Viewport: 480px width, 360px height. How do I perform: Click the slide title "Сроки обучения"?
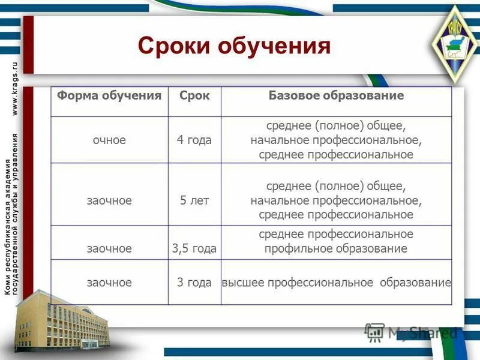[x=234, y=46]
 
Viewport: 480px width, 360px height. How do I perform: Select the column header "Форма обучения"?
[x=109, y=96]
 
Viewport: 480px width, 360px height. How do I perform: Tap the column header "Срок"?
[x=194, y=96]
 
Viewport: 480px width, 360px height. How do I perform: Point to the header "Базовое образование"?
[x=336, y=96]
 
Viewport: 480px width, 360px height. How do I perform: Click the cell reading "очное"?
[x=109, y=140]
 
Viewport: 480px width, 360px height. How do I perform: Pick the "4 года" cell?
[x=194, y=140]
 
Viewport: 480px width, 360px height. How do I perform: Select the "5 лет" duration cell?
[x=194, y=200]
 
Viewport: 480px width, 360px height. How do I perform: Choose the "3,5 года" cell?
[x=194, y=248]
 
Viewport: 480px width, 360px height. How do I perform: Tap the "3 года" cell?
[x=194, y=282]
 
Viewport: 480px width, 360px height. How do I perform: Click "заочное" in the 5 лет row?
[x=109, y=200]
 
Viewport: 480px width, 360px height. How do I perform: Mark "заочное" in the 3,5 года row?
[x=109, y=248]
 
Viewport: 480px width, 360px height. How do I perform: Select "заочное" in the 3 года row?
[x=109, y=282]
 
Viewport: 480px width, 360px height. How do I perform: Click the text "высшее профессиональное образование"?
[x=336, y=282]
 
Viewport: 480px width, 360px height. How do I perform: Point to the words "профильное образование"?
[x=336, y=248]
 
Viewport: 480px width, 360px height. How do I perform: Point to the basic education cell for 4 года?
[x=336, y=140]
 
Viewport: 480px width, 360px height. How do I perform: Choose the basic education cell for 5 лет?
[x=336, y=200]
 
